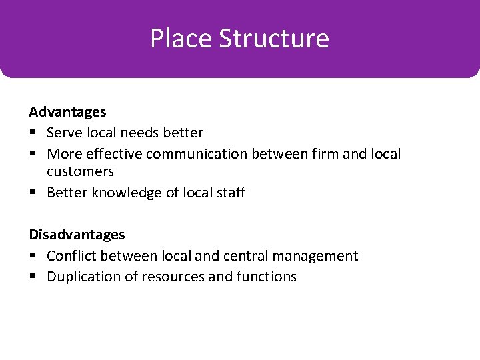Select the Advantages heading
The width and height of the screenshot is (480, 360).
click(x=67, y=112)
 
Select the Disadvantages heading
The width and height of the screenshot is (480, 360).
click(x=77, y=235)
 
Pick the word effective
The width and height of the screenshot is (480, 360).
click(x=114, y=154)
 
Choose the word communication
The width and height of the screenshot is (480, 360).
click(x=197, y=154)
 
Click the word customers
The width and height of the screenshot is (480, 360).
click(x=80, y=171)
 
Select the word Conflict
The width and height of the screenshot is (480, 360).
click(x=71, y=256)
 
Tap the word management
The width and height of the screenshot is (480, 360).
click(x=322, y=256)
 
